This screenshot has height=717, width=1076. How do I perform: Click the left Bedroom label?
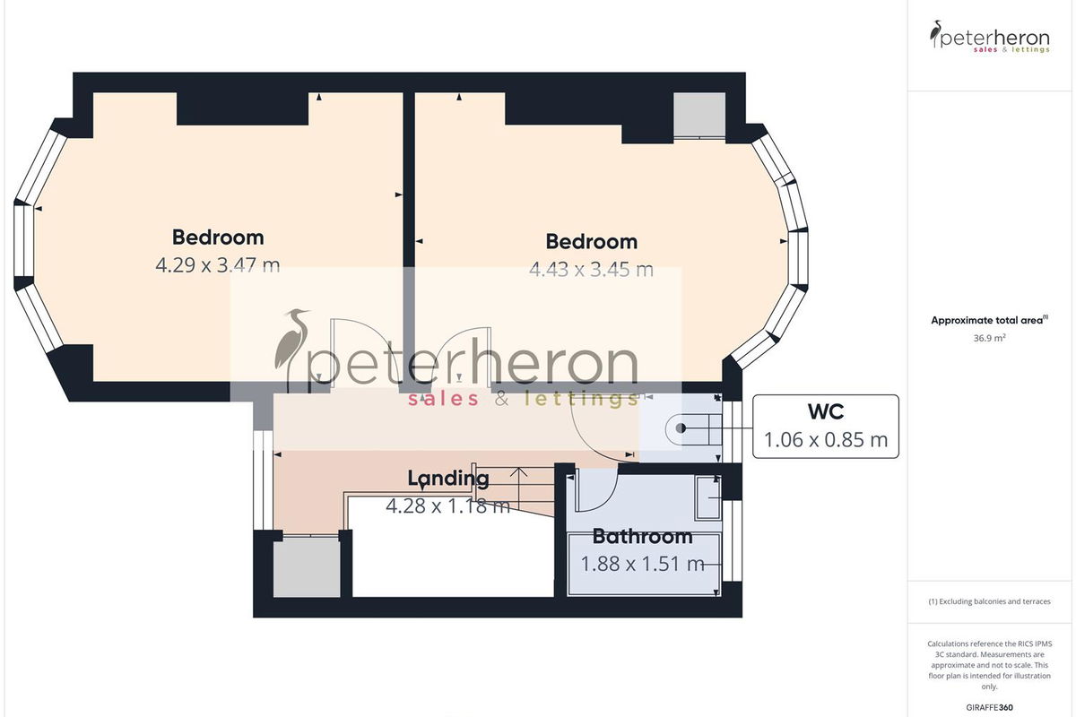(218, 238)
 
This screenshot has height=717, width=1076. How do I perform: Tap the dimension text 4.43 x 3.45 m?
(591, 270)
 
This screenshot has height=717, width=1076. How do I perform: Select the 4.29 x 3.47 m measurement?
(218, 265)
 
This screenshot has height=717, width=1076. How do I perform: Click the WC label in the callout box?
(825, 411)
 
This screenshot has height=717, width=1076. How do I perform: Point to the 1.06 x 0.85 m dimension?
(825, 440)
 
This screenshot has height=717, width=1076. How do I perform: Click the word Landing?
(448, 479)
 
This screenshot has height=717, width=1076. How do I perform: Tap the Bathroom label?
(642, 537)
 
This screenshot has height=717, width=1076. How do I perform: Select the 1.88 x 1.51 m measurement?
(642, 564)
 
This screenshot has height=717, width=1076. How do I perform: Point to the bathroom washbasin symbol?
(707, 497)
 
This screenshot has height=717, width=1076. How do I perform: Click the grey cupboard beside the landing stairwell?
(307, 567)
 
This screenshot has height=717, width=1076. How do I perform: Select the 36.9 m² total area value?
(990, 338)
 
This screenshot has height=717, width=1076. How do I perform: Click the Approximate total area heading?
(990, 320)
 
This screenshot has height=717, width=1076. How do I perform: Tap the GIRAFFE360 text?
(990, 707)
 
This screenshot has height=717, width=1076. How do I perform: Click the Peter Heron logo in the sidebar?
(990, 37)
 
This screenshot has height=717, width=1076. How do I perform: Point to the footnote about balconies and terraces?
(990, 601)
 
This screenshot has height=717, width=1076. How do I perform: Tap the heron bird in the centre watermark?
(291, 348)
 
